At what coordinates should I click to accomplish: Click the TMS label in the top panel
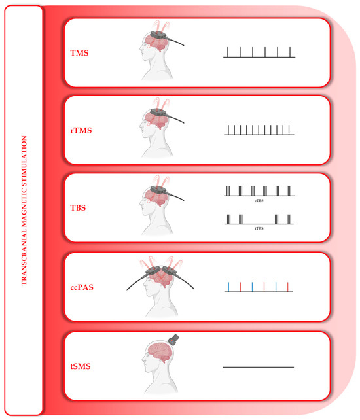point(79,53)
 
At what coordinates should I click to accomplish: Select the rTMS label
point(81,130)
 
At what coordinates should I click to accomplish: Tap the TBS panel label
point(78,208)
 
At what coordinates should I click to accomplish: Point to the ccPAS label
point(82,287)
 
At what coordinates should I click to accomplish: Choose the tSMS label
point(81,366)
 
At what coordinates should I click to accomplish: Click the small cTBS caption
point(259,200)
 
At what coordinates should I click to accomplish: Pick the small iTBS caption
point(259,228)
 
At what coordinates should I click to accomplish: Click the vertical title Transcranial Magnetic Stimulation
point(24,210)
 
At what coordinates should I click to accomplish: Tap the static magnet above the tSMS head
point(173,340)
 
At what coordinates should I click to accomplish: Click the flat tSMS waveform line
point(259,367)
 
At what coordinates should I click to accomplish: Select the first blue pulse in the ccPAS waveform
point(228,287)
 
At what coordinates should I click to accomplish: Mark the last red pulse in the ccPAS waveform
point(287,287)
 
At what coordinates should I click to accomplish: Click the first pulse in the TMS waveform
point(228,52)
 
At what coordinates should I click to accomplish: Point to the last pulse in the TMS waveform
point(290,52)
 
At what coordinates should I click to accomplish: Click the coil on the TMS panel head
point(160,36)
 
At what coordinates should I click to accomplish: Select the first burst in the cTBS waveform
point(228,191)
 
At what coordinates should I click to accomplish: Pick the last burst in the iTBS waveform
point(289,219)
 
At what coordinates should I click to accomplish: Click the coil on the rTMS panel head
point(160,113)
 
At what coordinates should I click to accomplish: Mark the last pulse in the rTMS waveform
point(289,130)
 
